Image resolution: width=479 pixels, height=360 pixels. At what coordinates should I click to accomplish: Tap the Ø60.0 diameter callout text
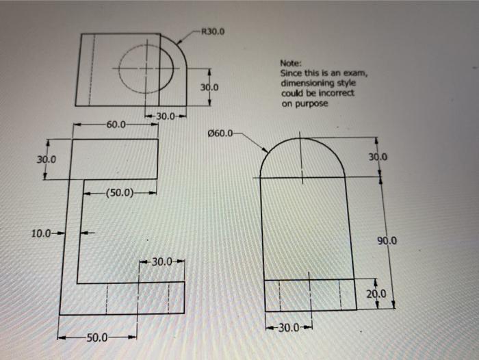(x=224, y=133)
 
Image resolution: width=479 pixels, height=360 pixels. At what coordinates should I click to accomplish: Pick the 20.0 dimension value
(x=376, y=295)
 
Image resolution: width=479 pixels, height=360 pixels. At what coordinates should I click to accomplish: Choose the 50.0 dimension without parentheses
(x=97, y=337)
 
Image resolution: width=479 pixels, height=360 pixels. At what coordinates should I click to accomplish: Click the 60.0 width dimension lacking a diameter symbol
(x=116, y=125)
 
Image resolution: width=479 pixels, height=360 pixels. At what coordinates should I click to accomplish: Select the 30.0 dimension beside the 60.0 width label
(x=168, y=115)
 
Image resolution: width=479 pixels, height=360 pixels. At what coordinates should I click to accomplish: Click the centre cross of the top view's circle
(x=146, y=69)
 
